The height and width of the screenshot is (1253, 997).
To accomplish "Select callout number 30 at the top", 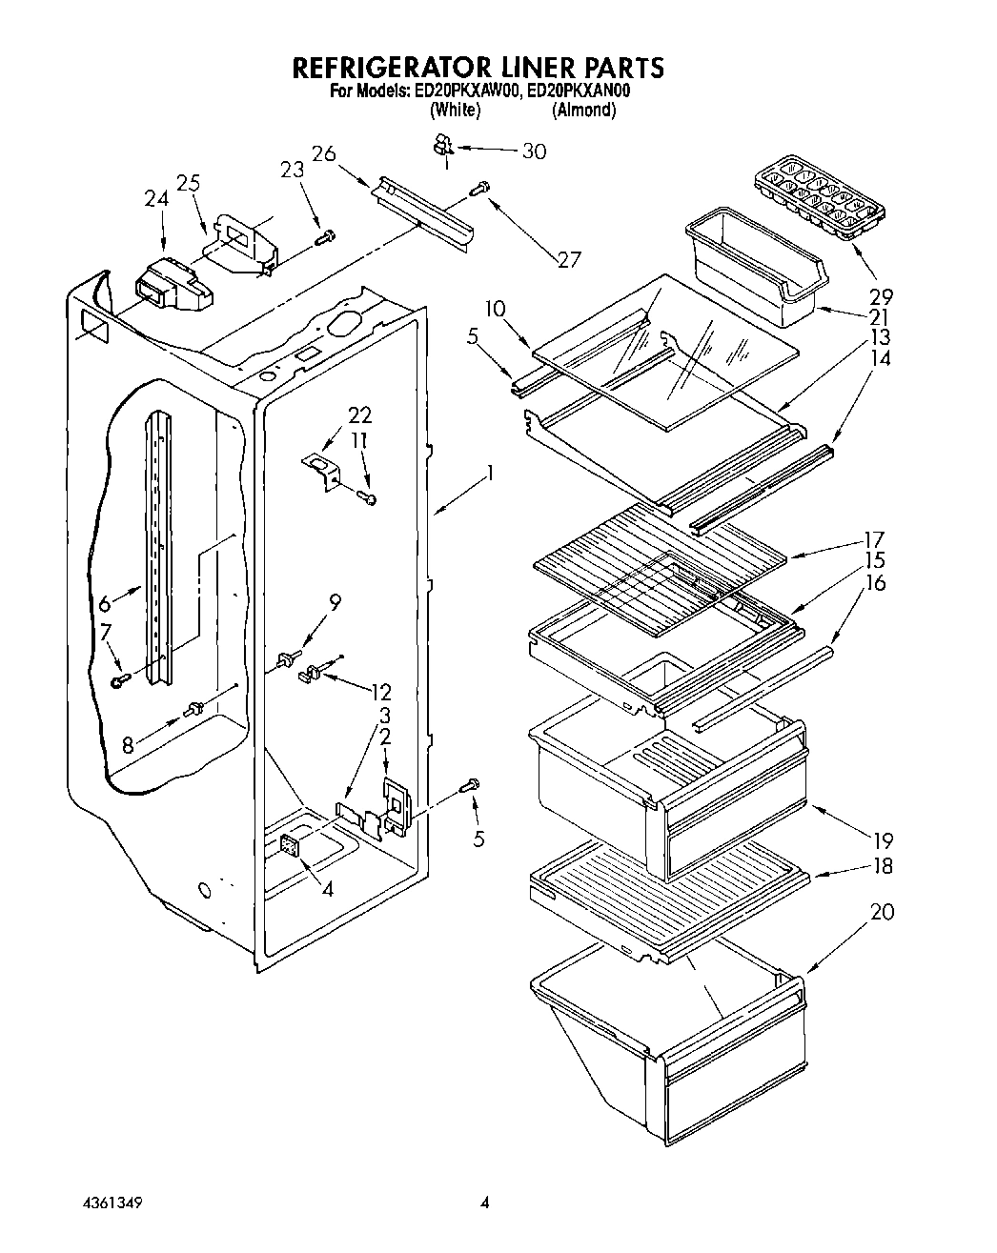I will (535, 152).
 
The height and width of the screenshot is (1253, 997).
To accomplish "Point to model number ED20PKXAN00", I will (580, 91).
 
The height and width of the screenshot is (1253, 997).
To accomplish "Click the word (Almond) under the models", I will (583, 110).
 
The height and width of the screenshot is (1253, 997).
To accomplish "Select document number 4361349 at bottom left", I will (111, 1202).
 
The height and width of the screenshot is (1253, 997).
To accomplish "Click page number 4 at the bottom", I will (484, 1202).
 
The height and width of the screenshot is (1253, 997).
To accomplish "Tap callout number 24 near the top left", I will (155, 199).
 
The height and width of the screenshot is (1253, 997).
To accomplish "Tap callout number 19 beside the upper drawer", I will (882, 840).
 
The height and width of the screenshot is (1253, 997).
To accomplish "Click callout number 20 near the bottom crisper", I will (883, 912).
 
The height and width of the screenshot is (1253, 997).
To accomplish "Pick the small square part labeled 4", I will (291, 846).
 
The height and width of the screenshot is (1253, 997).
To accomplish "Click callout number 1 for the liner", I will (490, 473).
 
